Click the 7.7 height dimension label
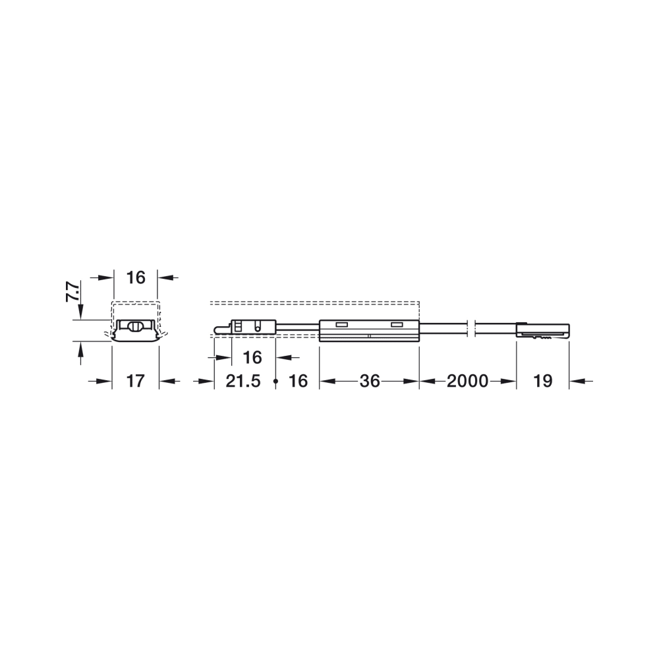(x=72, y=292)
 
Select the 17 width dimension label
(x=135, y=381)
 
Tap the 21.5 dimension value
(x=243, y=381)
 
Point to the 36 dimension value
(x=370, y=381)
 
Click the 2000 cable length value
(x=467, y=381)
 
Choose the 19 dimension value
(x=542, y=381)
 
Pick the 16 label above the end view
(x=136, y=277)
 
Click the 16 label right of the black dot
(x=299, y=381)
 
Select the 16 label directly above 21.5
(x=252, y=358)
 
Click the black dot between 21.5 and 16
(x=275, y=381)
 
